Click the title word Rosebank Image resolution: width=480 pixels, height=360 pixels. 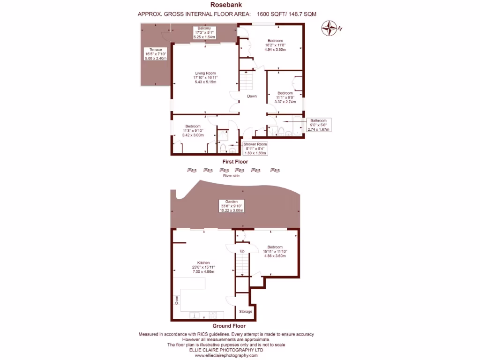tap(226, 5)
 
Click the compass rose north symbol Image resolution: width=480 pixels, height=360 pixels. tap(331, 28)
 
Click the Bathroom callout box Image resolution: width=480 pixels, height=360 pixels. tap(318, 125)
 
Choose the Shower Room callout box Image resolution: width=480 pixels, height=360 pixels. tap(255, 149)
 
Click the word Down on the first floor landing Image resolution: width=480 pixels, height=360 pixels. tap(252, 97)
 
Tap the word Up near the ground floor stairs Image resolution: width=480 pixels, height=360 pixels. tap(242, 251)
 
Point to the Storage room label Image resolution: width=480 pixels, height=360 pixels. tap(246, 311)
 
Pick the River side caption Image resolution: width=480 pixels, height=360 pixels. tap(231, 176)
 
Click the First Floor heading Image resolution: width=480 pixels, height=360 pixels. tap(235, 162)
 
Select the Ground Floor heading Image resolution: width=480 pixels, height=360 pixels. tap(229, 326)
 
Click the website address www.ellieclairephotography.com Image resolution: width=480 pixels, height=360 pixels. tap(226, 356)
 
